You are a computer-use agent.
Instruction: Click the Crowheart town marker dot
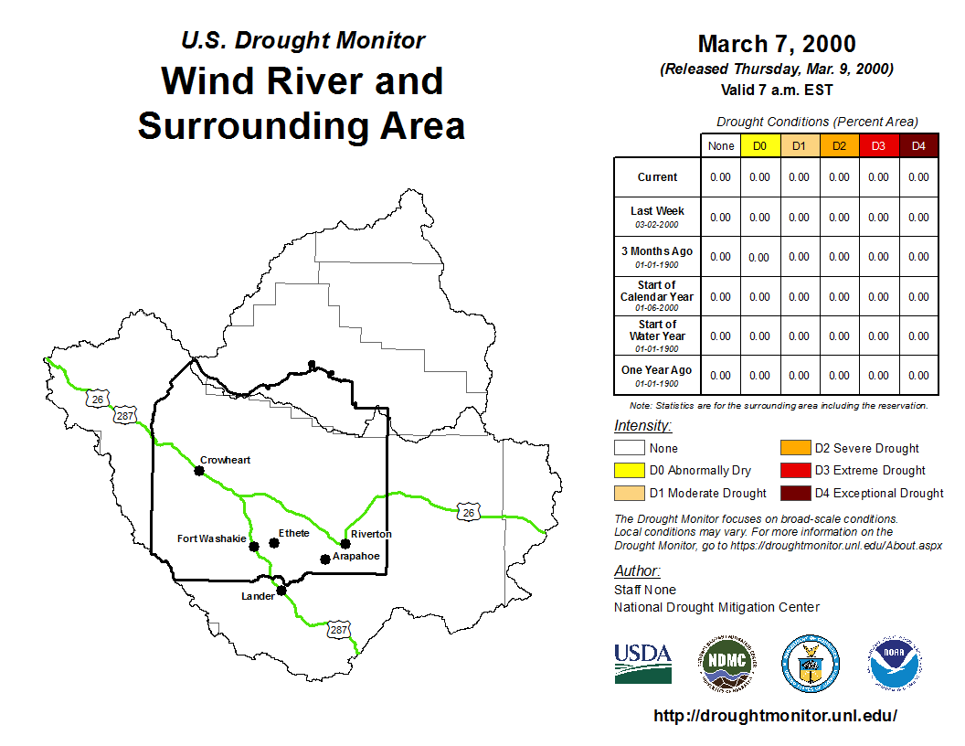199,471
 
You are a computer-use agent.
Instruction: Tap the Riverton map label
371,534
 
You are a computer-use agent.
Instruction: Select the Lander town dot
281,591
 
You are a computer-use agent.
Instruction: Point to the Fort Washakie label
212,538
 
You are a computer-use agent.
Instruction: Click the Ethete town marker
274,543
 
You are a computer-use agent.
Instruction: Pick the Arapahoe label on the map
355,556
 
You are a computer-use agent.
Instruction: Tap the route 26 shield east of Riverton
469,512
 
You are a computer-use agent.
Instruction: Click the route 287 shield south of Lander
338,630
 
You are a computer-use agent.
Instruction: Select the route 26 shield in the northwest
98,399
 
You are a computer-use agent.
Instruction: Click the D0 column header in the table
760,146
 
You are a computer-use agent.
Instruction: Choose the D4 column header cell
918,146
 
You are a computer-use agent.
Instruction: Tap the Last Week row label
657,217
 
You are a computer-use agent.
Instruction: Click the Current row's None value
721,177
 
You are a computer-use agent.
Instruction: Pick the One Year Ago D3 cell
879,376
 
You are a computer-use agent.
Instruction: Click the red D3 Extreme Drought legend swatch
795,470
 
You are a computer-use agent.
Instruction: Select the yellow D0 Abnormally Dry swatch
629,470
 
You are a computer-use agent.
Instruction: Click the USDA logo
643,664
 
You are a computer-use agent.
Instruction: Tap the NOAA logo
895,664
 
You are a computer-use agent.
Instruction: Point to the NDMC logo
727,664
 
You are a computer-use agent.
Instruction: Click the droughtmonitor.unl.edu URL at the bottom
776,715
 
